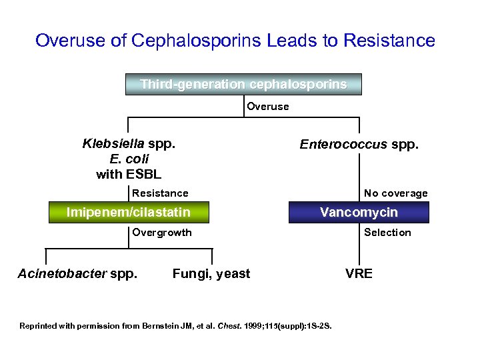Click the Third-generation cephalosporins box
[243, 85]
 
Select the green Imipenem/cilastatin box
[129, 213]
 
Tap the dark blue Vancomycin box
[359, 213]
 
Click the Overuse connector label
[268, 107]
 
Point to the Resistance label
[160, 193]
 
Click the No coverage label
[396, 193]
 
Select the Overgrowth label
[162, 233]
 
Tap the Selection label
[387, 233]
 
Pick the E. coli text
[129, 159]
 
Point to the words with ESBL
[129, 175]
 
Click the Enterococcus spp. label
[359, 144]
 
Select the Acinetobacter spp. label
[78, 273]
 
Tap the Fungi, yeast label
[211, 273]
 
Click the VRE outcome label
[359, 273]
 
